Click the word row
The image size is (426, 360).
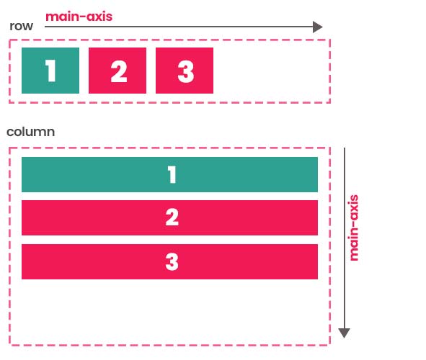coord(21,27)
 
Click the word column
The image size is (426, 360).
coord(31,132)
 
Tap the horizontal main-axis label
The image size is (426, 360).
coord(79,17)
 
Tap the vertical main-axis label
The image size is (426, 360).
coord(353,228)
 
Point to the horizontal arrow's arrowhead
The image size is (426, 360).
coord(318,27)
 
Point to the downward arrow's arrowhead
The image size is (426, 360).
coord(345,333)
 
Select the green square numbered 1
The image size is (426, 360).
coord(50,71)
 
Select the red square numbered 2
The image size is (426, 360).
coord(117,71)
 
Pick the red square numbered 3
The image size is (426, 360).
coord(185,71)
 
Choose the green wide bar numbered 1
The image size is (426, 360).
coord(170,174)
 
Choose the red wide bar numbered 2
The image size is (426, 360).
coord(170,218)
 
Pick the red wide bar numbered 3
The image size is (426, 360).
coord(170,261)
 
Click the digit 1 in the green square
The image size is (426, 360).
coord(50,71)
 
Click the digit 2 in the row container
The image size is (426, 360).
coord(119,71)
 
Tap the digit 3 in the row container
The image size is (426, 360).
coord(186,71)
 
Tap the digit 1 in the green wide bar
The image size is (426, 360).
coord(172,175)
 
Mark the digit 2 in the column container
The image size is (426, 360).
coord(172,217)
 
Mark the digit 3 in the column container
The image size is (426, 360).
coord(172,261)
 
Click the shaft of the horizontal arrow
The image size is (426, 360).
coord(179,27)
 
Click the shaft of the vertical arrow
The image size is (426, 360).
coord(345,238)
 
